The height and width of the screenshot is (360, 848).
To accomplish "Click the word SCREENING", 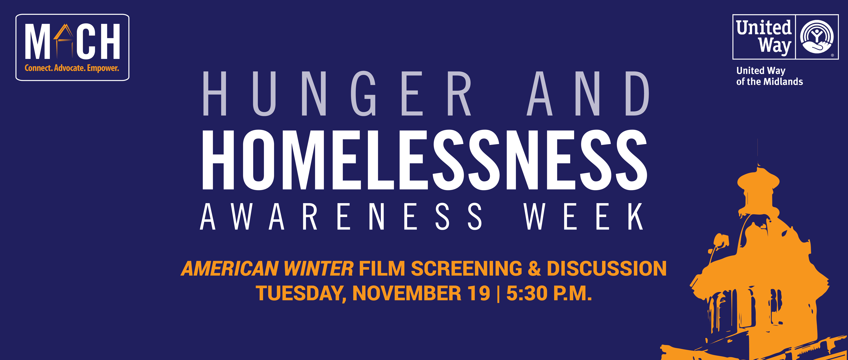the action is tap(466, 268).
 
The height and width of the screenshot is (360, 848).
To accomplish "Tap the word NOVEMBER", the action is tap(407, 293).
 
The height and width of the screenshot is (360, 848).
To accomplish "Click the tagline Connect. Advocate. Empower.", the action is tap(72, 68).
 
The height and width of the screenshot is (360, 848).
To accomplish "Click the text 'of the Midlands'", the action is tap(770, 82).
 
